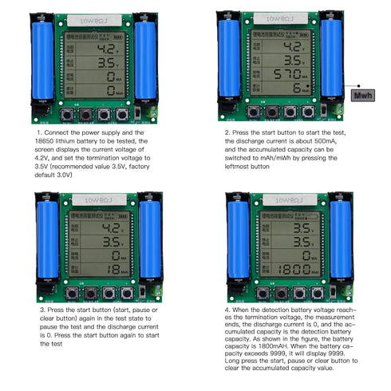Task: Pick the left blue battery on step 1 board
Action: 42,60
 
